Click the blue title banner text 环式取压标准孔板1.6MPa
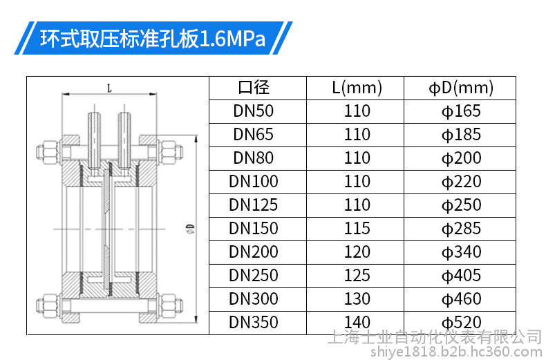click(x=153, y=38)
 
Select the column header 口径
click(x=254, y=87)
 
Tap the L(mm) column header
click(x=357, y=88)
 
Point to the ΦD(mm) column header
click(x=461, y=88)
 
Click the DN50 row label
click(x=253, y=111)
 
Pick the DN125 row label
click(x=253, y=205)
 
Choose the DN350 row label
click(x=253, y=323)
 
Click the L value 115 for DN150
click(x=357, y=229)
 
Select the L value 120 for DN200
click(x=357, y=252)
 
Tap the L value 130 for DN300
click(x=357, y=299)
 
